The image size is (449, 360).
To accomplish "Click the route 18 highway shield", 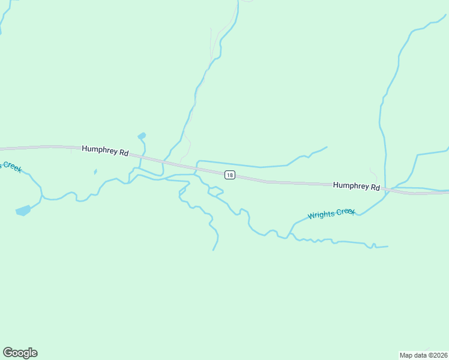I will point(229,175).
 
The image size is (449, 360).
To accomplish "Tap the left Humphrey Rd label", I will point(105,151).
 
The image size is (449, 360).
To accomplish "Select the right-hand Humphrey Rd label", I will point(357,186).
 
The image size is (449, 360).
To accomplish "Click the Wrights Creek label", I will point(331,214).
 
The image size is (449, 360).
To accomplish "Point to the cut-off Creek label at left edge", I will point(10,166).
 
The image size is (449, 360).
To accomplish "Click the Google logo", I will point(20,353).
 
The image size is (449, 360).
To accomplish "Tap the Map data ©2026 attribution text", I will point(423,355).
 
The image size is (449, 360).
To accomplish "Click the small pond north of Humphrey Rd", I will point(142,136).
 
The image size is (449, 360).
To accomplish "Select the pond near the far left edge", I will point(23,210).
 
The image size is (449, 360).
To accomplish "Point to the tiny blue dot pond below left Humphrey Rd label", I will point(95,172).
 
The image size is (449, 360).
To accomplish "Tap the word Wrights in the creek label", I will point(321,215).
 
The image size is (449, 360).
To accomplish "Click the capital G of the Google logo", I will point(8,353).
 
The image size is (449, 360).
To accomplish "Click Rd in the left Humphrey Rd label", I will point(124,153).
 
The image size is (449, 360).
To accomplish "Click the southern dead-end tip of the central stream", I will point(213,250).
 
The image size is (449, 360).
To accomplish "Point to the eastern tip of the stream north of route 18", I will point(327,147).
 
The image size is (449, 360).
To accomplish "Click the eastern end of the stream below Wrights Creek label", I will point(387,246).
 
